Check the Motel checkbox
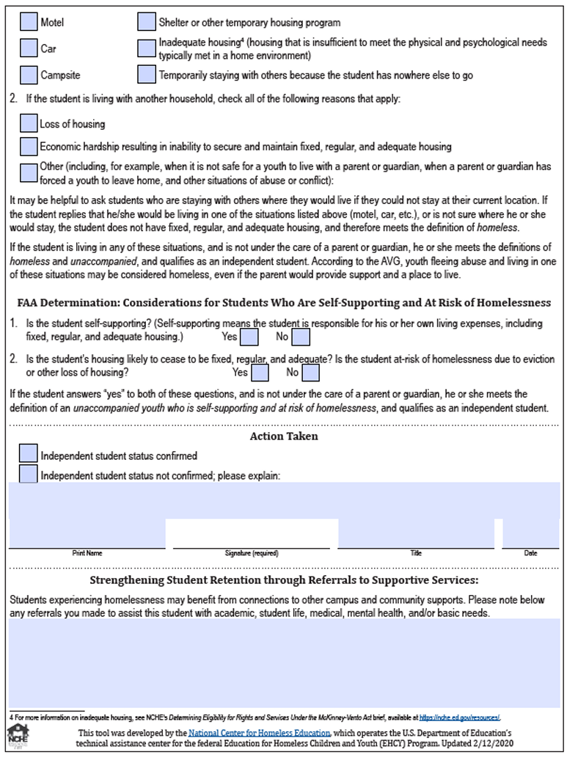pyautogui.click(x=29, y=22)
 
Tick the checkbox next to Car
pyautogui.click(x=29, y=48)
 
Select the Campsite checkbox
pyautogui.click(x=29, y=75)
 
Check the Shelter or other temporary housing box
pyautogui.click(x=147, y=22)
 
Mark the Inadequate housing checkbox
pyautogui.click(x=147, y=48)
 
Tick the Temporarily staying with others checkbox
pyautogui.click(x=147, y=75)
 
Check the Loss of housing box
pyautogui.click(x=29, y=123)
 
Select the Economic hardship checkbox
pyautogui.click(x=29, y=146)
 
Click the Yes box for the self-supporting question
pyautogui.click(x=249, y=337)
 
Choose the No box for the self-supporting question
pyautogui.click(x=301, y=337)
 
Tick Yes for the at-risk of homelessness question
pyautogui.click(x=260, y=373)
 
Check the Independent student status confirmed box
pyautogui.click(x=29, y=454)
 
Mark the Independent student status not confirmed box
pyautogui.click(x=29, y=474)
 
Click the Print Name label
pyautogui.click(x=87, y=553)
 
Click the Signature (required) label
pyautogui.click(x=252, y=553)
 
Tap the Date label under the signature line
pyautogui.click(x=530, y=553)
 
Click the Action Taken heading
pyautogui.click(x=284, y=436)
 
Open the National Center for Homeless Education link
pyautogui.click(x=259, y=733)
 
